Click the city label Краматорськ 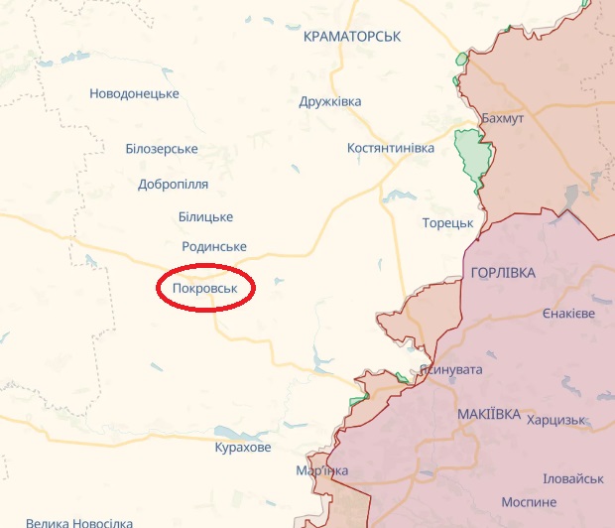(x=352, y=36)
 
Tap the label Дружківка (x=330, y=101)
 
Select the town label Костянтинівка (x=391, y=148)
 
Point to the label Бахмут (x=502, y=118)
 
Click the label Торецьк (x=447, y=222)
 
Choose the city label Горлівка (x=504, y=272)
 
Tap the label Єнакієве (x=568, y=313)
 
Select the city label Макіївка (x=489, y=414)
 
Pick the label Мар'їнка (x=322, y=469)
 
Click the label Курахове (x=242, y=448)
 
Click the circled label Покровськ (x=206, y=288)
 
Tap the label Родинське (x=214, y=246)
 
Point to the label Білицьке (x=205, y=216)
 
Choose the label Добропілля (x=174, y=185)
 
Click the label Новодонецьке (x=134, y=93)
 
